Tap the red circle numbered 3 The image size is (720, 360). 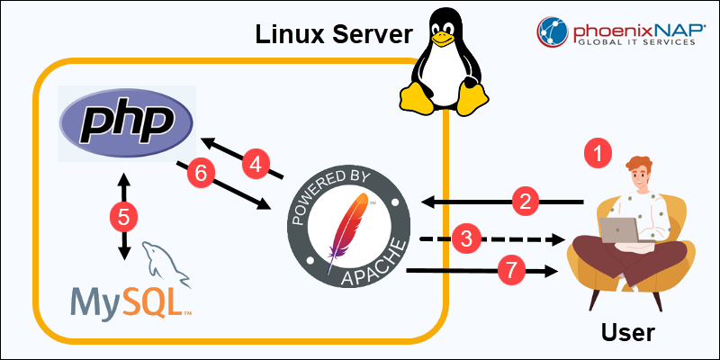point(465,239)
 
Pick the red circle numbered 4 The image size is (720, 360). point(256,164)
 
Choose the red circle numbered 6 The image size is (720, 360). point(201,174)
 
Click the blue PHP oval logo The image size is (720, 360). point(126,122)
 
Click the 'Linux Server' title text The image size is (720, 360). point(333,34)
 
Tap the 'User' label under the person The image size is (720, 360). point(627,332)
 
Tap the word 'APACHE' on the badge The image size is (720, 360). point(370,270)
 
